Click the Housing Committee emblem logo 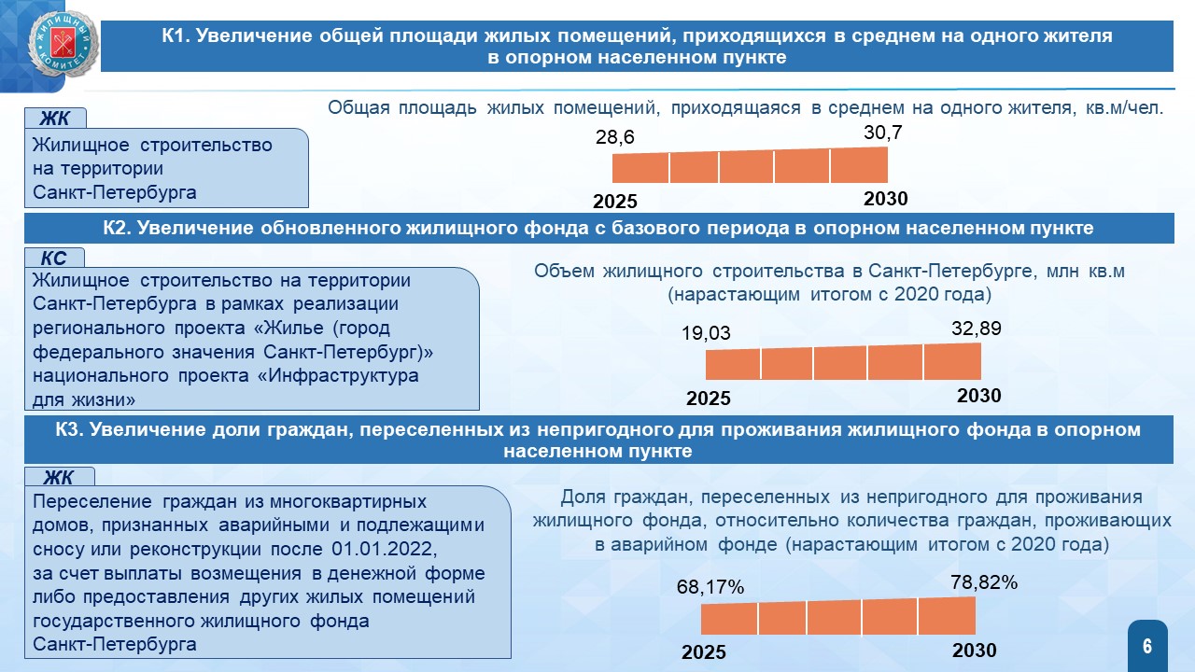pos(63,44)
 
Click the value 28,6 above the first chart pos(614,137)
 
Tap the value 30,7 pos(883,133)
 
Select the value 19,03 pos(706,333)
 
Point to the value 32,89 pos(977,329)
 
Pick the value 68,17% pos(710,587)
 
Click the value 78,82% pos(984,582)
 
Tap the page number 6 pos(1147,647)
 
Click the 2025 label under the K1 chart pos(615,202)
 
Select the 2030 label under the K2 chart pos(979,396)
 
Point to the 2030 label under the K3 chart pos(974,651)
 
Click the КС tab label pos(54,259)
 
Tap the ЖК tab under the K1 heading pos(55,119)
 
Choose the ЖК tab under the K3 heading pos(59,478)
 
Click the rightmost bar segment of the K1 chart pos(859,165)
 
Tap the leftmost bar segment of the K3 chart pos(729,619)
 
